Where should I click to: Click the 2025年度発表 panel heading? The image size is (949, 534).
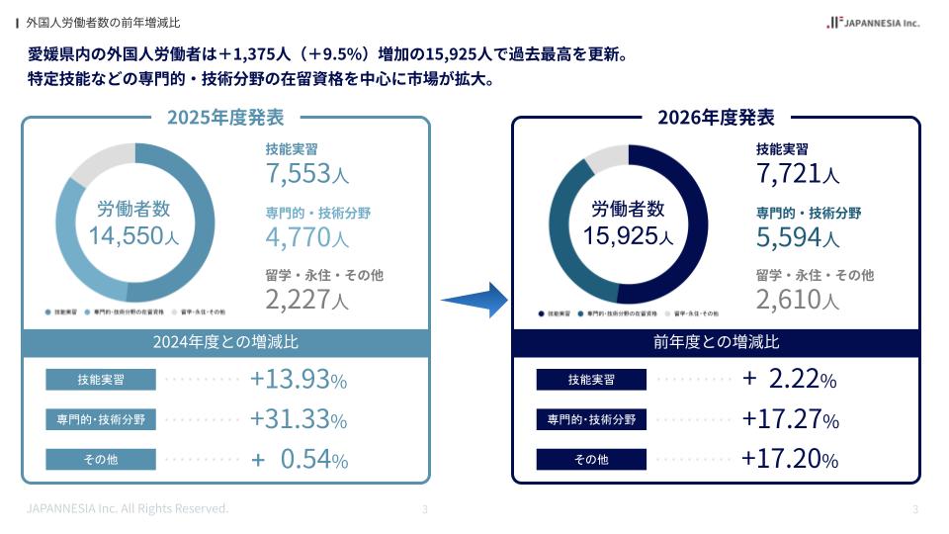pyautogui.click(x=225, y=118)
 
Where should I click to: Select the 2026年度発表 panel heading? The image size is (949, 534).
pyautogui.click(x=716, y=118)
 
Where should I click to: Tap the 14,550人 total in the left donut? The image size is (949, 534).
pyautogui.click(x=133, y=236)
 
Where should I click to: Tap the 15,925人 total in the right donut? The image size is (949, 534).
pyautogui.click(x=628, y=236)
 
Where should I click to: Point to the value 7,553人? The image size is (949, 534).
pyautogui.click(x=306, y=175)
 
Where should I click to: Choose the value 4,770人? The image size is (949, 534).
pyautogui.click(x=306, y=237)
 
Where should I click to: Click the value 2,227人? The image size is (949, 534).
pyautogui.click(x=306, y=300)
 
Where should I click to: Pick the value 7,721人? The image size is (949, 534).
pyautogui.click(x=798, y=175)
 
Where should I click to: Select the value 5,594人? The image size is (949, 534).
pyautogui.click(x=798, y=237)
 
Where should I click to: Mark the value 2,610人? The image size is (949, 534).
pyautogui.click(x=798, y=300)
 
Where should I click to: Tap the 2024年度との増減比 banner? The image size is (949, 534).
pyautogui.click(x=225, y=342)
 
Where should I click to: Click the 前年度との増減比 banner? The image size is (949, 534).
pyautogui.click(x=716, y=342)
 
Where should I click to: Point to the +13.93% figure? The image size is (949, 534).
pyautogui.click(x=299, y=380)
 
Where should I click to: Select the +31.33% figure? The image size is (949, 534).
pyautogui.click(x=299, y=419)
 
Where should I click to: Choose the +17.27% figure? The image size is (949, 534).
pyautogui.click(x=790, y=419)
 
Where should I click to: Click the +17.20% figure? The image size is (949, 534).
pyautogui.click(x=790, y=459)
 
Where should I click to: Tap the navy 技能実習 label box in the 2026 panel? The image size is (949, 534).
pyautogui.click(x=591, y=380)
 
